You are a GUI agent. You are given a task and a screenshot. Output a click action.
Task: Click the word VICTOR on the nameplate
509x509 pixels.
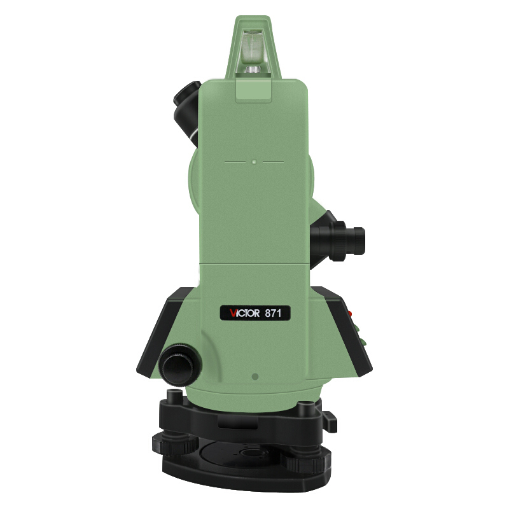[245, 314]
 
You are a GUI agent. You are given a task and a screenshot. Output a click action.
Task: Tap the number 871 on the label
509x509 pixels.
[273, 314]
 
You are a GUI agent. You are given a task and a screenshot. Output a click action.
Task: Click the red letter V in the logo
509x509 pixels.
[233, 314]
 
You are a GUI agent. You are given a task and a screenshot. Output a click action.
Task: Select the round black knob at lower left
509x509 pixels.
[179, 365]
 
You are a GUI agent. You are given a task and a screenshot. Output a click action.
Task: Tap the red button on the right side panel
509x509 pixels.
[350, 314]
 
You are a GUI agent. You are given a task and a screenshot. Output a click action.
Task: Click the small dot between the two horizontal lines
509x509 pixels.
[254, 162]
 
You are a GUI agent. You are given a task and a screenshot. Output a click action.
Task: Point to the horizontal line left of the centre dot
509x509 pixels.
[235, 162]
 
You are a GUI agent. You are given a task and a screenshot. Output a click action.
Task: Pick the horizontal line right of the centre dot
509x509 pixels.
[274, 162]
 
